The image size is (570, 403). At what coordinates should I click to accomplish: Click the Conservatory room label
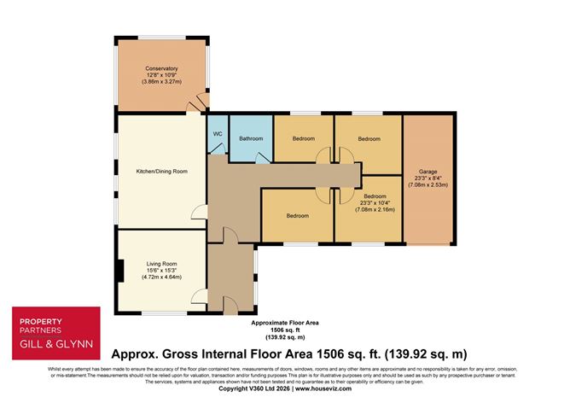coord(161,68)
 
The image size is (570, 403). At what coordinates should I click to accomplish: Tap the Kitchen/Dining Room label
coord(161,172)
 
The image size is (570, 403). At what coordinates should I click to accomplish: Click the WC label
coord(218,133)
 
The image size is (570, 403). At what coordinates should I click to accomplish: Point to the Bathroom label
coord(251,137)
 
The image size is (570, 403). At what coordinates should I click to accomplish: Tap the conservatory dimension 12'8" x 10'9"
coord(161,75)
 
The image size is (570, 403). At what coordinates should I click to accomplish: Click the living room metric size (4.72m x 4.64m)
coord(160,277)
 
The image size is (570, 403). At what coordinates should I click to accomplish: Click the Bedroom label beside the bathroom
coord(304,138)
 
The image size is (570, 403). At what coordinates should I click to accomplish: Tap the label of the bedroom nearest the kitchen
coord(298,215)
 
